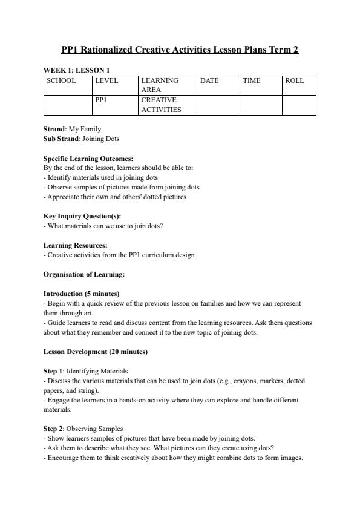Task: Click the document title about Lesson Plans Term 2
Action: click(x=180, y=50)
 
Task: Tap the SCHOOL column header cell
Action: click(x=61, y=80)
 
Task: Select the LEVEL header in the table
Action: click(x=106, y=80)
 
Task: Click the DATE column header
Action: click(x=209, y=80)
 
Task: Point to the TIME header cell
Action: click(x=252, y=80)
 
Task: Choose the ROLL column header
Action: click(x=295, y=80)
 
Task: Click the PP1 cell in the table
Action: click(x=101, y=100)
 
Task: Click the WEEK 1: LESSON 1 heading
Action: click(x=76, y=70)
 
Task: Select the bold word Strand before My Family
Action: click(x=54, y=129)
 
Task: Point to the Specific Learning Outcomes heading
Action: click(x=88, y=159)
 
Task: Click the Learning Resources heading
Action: click(x=76, y=245)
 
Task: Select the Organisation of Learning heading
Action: click(x=84, y=274)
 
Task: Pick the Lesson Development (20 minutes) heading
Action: click(x=96, y=352)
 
